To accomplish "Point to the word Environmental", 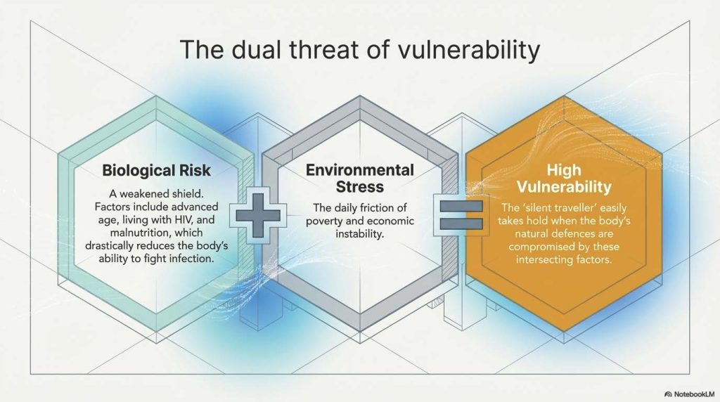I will pos(359,170).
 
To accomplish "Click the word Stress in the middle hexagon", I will pos(359,187).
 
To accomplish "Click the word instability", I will pos(359,235).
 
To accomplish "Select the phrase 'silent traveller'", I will pos(540,208).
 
